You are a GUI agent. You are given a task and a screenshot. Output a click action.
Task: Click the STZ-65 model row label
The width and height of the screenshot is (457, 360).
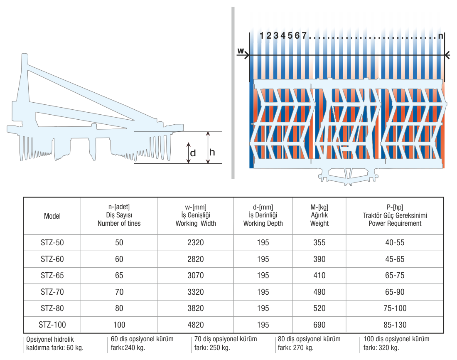click(x=52, y=275)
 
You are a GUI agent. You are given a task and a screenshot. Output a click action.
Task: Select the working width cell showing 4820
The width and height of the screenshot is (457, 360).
click(x=196, y=325)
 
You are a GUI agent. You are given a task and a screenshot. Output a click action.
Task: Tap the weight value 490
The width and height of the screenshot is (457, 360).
click(x=319, y=292)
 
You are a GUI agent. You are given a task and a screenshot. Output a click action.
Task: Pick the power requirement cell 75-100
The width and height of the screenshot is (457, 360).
click(x=395, y=308)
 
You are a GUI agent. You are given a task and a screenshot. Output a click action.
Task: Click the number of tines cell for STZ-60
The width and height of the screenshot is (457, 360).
click(x=119, y=259)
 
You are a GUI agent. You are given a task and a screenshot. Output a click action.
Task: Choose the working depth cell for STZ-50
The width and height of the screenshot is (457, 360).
click(x=263, y=242)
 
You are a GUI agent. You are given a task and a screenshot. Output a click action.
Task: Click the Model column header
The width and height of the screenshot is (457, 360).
click(x=52, y=216)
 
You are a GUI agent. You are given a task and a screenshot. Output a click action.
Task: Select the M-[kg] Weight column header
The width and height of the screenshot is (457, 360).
click(x=319, y=215)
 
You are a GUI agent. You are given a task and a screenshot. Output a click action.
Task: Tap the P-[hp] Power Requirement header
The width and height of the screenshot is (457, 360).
click(x=395, y=215)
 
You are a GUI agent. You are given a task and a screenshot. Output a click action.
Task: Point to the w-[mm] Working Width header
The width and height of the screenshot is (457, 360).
click(x=196, y=215)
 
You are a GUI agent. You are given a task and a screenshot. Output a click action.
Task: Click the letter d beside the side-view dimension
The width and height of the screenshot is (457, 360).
click(x=193, y=153)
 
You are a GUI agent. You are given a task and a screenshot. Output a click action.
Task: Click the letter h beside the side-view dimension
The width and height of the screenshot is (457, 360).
click(x=212, y=152)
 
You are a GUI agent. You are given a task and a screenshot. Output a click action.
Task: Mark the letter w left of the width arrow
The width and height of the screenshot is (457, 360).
click(x=241, y=51)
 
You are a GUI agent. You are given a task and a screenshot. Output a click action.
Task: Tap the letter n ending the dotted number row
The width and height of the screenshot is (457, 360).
click(x=441, y=36)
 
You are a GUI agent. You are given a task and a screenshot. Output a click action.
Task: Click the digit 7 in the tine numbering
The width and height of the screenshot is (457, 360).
click(x=304, y=35)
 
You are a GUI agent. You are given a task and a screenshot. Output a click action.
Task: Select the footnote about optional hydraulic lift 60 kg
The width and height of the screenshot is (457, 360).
click(x=55, y=343)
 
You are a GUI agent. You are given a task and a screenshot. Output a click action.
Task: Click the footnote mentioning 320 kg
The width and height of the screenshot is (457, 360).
click(x=396, y=343)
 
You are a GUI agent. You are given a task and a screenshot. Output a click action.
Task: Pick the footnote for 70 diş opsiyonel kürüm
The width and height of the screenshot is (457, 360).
click(x=226, y=343)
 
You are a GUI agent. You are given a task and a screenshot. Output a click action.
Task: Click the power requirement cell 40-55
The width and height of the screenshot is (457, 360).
click(x=395, y=242)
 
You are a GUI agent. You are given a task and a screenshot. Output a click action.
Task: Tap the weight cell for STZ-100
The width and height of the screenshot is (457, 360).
click(x=319, y=325)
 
